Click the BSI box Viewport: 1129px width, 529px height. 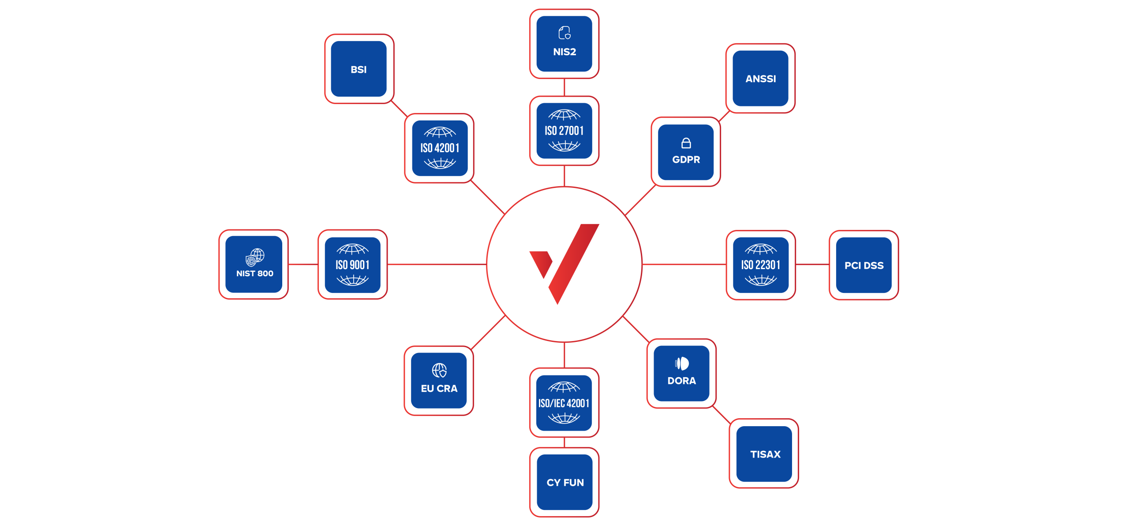point(359,69)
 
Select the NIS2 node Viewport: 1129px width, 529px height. point(564,44)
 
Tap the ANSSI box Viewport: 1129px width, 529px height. point(760,78)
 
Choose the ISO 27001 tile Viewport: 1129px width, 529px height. point(564,131)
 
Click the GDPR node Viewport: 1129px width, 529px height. point(686,152)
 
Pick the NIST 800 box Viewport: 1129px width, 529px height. point(254,264)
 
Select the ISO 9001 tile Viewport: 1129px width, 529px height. point(352,264)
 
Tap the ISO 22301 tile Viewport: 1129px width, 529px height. point(761,265)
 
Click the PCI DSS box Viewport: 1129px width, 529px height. point(864,265)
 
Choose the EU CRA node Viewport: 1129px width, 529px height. point(439,380)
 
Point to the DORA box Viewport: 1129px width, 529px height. point(681,373)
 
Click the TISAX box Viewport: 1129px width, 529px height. point(764,454)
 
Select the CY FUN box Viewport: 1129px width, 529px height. point(564,482)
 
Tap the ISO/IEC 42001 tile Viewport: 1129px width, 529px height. point(564,403)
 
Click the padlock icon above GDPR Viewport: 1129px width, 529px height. point(686,143)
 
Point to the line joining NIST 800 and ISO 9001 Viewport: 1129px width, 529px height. point(303,264)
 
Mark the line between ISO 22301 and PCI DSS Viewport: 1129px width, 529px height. point(812,265)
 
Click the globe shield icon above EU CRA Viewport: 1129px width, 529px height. point(439,370)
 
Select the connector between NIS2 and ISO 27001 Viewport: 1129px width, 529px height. point(564,87)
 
